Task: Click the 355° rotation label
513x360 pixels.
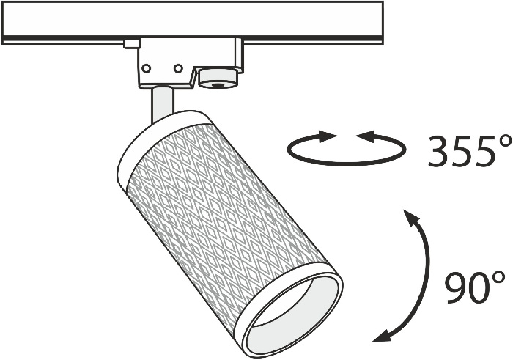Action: [470, 151]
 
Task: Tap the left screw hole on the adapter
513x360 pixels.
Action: [147, 68]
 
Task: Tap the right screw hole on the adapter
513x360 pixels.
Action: [178, 68]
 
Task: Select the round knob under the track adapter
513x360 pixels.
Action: [218, 78]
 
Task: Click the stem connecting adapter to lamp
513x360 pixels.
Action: [162, 104]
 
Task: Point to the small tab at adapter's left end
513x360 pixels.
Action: [132, 43]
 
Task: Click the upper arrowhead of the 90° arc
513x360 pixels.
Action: [410, 217]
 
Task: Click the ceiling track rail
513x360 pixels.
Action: [192, 22]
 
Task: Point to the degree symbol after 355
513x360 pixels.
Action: [505, 141]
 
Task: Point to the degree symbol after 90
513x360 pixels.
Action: [499, 278]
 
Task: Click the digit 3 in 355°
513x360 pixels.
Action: [439, 151]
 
